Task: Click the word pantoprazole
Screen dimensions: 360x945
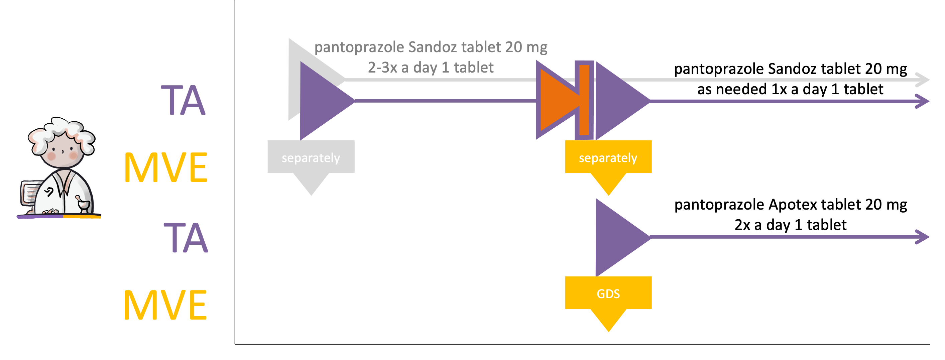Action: [359, 48]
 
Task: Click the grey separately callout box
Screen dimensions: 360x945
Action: [311, 157]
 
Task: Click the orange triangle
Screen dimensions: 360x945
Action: [556, 100]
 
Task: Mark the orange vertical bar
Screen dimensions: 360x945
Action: [584, 100]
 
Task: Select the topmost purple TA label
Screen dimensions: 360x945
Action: [183, 100]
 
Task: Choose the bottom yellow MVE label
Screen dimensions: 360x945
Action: [165, 305]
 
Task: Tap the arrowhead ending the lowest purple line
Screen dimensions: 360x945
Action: [922, 237]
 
